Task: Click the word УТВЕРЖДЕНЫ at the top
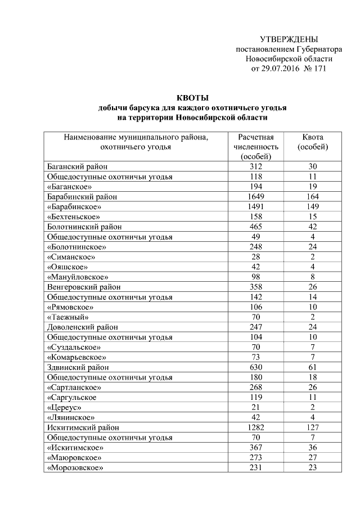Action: (x=289, y=39)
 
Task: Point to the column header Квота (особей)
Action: (x=313, y=142)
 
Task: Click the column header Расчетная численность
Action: (x=256, y=146)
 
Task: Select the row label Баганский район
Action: (x=77, y=166)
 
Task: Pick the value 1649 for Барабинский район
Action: (x=256, y=197)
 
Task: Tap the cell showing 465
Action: (x=256, y=227)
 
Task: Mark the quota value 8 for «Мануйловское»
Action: (x=313, y=277)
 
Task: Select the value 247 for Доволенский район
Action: (x=256, y=327)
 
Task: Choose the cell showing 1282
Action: (x=256, y=427)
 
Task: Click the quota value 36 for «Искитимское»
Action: (x=313, y=447)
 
